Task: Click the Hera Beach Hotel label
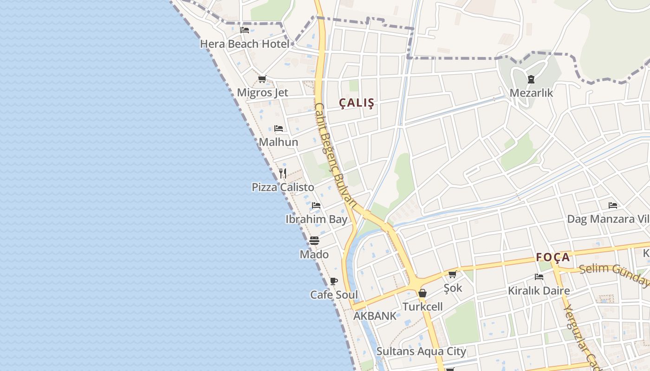point(245,44)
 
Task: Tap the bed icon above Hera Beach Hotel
point(245,30)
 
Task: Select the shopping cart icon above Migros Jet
point(262,79)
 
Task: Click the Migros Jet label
point(262,92)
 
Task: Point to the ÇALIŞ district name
point(357,103)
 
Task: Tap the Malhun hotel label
point(279,142)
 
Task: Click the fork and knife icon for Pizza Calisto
point(283,173)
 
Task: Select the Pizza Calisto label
point(283,187)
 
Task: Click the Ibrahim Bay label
point(316,219)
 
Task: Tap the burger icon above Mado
point(314,241)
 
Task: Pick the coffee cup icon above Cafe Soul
point(333,281)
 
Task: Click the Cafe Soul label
point(334,295)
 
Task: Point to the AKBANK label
point(375,316)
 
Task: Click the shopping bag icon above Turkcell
point(422,293)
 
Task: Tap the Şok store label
point(453,288)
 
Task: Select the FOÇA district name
point(552,257)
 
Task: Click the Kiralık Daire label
point(539,291)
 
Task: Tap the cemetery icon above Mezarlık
point(531,79)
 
